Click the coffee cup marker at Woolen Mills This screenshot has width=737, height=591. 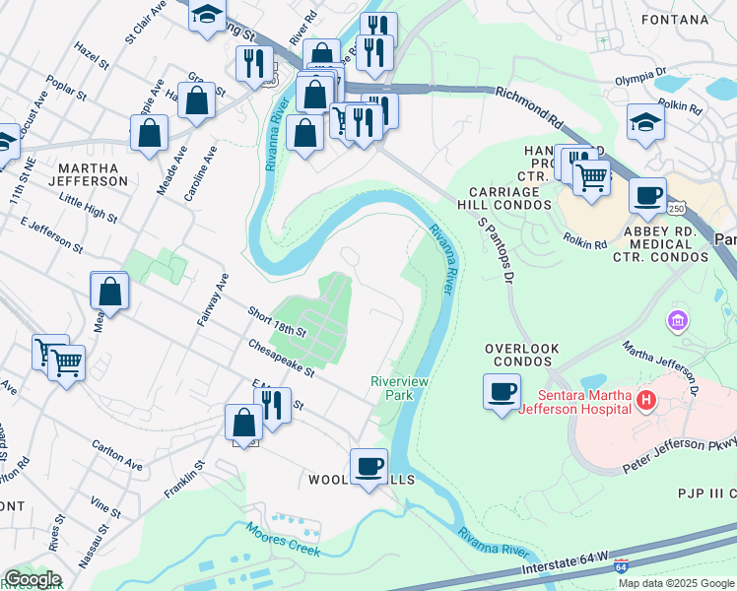coord(369,466)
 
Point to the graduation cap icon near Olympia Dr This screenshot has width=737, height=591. coord(645,122)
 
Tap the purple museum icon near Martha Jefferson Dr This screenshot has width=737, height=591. coord(676,320)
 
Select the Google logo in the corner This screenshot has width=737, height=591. coord(32,579)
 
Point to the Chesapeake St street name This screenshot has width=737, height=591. coord(281,359)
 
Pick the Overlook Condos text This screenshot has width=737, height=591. coord(521,357)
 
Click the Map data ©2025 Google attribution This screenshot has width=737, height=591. coord(676,583)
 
